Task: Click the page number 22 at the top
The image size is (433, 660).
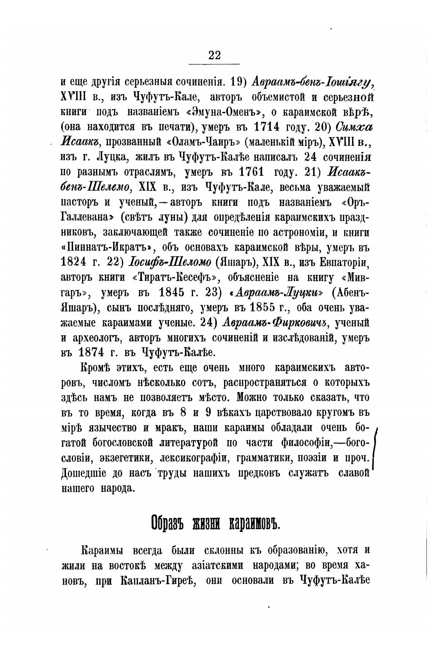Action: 214,55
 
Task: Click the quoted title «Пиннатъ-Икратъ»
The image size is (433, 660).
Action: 107,247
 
